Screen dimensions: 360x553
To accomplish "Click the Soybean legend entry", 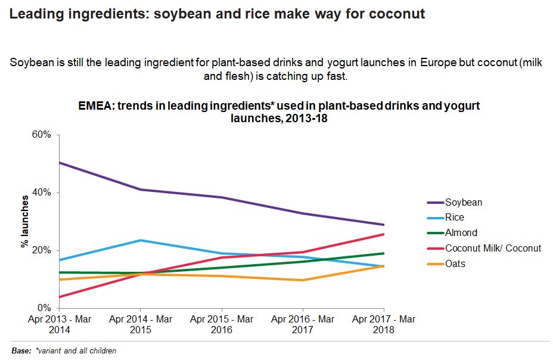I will pos(463,202).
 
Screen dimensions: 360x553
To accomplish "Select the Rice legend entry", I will pos(454,218).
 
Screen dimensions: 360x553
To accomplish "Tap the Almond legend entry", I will pos(461,233).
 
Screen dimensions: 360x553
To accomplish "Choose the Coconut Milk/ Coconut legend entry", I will pos(493,248).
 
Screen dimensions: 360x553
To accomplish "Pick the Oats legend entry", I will pos(455,263).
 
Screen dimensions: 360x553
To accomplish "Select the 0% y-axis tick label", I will pos(45,308).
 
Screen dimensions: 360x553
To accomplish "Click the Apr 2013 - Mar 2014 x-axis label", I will pos(59,324).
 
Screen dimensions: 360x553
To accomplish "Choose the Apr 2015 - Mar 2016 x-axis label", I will pos(222,324).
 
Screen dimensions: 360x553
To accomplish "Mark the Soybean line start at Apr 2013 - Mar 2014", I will pos(60,163).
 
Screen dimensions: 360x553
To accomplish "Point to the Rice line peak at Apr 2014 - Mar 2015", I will pos(141,240).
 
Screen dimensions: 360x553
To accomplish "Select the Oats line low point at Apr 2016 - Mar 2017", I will pos(303,280).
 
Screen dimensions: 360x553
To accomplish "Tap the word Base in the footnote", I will pos(21,350).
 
